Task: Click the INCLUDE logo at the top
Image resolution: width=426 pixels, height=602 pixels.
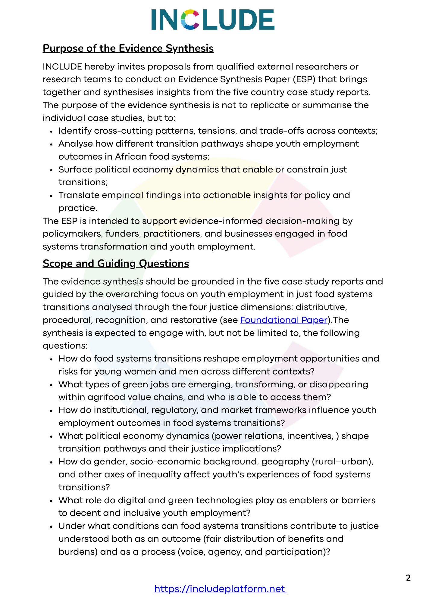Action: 213,20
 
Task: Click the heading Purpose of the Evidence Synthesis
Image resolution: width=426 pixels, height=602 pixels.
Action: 128,48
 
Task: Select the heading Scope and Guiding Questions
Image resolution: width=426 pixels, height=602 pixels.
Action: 116,263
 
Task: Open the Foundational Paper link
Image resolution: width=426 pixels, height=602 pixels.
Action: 283,320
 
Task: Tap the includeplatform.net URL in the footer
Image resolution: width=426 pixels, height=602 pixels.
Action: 220,589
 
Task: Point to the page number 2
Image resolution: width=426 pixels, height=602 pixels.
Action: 408,578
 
